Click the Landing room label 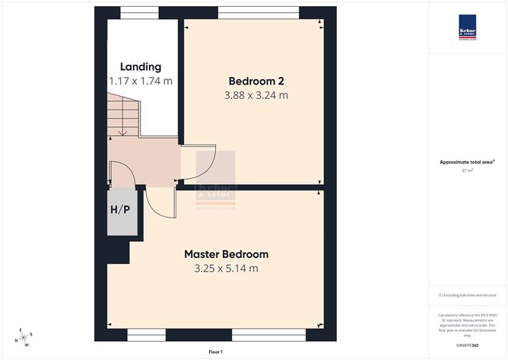point(141,67)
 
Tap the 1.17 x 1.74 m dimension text point(141,80)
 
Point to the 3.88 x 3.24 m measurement point(256,96)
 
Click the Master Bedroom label point(226,254)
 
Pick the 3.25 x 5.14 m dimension point(226,269)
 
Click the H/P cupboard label point(120,210)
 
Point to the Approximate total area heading point(467,161)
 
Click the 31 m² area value point(467,170)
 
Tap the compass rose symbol point(25,336)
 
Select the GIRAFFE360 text point(467,346)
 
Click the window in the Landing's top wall point(139,11)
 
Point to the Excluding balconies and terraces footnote point(467,295)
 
